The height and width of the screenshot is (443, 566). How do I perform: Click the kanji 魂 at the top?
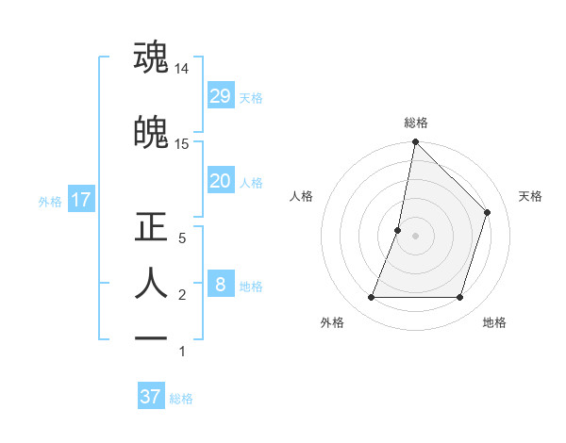(151, 57)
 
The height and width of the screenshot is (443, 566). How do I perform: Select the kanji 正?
(151, 227)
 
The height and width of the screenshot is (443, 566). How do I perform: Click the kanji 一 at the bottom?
(151, 337)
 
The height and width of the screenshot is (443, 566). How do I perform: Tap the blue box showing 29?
(220, 96)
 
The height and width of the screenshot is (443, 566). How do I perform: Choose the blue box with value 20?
(220, 181)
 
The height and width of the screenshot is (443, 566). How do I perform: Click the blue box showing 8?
(220, 285)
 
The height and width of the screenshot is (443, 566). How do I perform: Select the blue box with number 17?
(80, 200)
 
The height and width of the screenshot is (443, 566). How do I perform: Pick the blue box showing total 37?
(151, 397)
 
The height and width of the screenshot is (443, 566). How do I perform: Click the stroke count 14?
(182, 69)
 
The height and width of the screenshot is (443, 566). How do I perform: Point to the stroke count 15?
(182, 144)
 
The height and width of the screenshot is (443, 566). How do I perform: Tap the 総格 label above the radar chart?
(416, 123)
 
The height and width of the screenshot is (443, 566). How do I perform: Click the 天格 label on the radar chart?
(530, 196)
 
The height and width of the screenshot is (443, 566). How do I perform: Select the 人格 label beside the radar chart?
(302, 196)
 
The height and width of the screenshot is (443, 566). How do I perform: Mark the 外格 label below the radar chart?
(332, 322)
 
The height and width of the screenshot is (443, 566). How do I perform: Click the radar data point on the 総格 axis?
(415, 142)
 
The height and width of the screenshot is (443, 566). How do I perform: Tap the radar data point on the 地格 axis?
(459, 298)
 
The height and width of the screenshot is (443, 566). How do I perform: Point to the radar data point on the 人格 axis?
(398, 230)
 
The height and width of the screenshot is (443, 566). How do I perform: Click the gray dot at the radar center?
(415, 236)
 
